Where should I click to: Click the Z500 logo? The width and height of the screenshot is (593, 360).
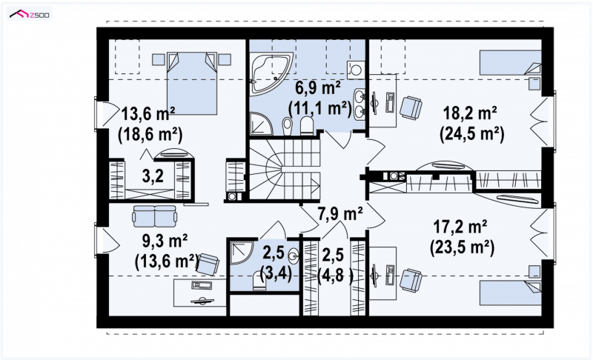point(30,15)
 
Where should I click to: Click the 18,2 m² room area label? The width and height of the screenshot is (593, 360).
point(470,113)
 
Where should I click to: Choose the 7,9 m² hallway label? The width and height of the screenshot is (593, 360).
point(340,214)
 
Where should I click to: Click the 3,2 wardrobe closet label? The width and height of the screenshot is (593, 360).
point(153,176)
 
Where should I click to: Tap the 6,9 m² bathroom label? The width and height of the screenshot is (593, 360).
point(318,89)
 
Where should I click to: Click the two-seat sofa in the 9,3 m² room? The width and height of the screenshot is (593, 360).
point(155,216)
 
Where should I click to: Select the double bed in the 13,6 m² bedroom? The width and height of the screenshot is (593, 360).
point(193,83)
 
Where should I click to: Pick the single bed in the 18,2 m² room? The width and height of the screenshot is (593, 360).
point(510,63)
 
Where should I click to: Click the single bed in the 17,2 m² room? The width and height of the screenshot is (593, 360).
point(510,292)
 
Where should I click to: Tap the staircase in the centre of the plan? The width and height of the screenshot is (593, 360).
point(285,169)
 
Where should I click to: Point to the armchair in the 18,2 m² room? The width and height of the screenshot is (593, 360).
point(411,107)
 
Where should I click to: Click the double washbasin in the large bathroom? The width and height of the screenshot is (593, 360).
point(359,104)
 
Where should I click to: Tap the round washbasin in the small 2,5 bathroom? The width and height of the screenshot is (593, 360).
point(293,257)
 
